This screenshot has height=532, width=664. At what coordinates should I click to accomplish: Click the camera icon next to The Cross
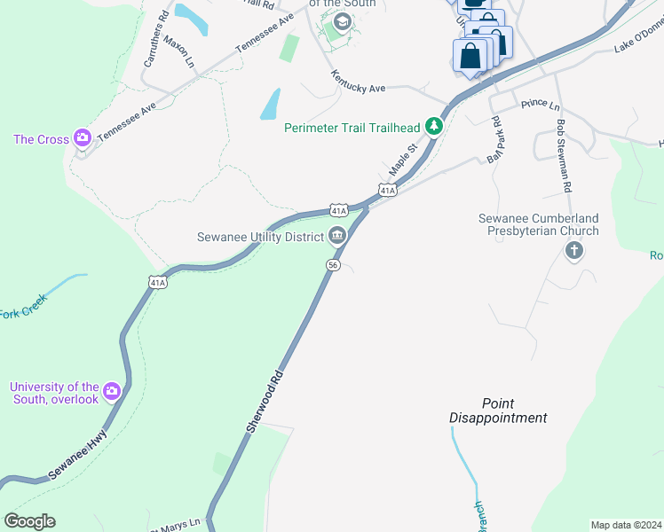pos(83,137)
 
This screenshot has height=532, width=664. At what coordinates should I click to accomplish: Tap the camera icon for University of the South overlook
pos(111,391)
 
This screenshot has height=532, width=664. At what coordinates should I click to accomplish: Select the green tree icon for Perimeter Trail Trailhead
pos(433,127)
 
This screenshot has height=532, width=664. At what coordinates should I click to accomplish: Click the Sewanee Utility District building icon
pos(337,235)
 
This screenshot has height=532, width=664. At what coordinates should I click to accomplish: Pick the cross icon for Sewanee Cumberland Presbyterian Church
pos(574,252)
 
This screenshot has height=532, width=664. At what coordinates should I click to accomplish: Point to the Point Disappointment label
pos(497,411)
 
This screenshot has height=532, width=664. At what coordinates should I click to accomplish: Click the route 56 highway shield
pos(333,265)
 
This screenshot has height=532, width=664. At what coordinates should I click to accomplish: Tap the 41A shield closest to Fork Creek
pos(157,282)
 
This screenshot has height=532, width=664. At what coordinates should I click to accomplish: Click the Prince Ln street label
pos(541,104)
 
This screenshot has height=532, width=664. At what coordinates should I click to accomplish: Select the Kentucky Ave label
pos(359,82)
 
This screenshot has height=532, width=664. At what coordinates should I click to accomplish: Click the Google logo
pos(29,521)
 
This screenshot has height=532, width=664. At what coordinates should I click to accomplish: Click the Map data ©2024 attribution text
pos(626,525)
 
